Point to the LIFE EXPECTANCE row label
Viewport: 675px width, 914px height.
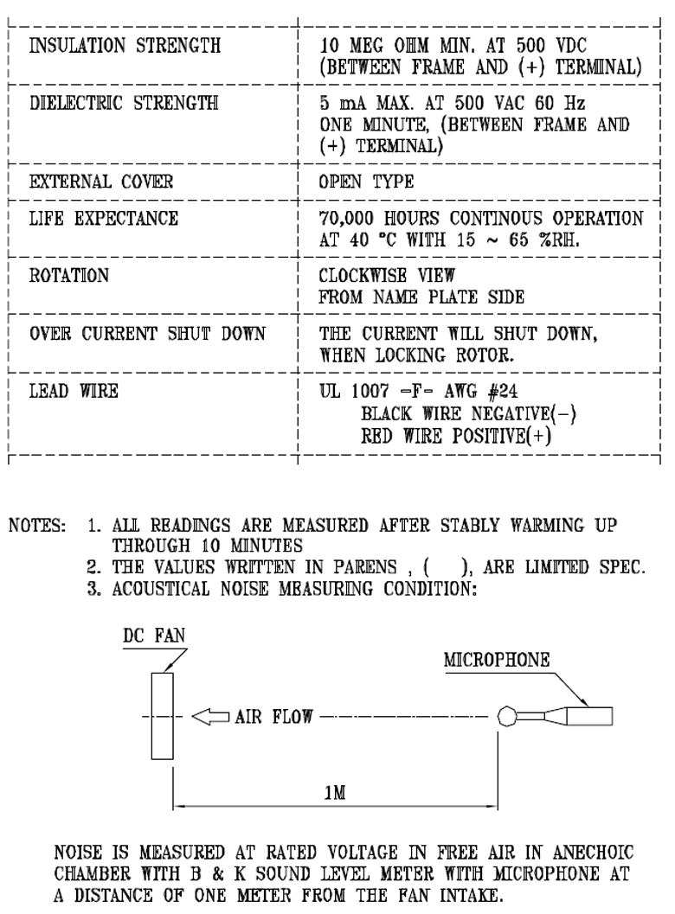[x=105, y=219]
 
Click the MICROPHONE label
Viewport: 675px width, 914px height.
[x=498, y=659]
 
